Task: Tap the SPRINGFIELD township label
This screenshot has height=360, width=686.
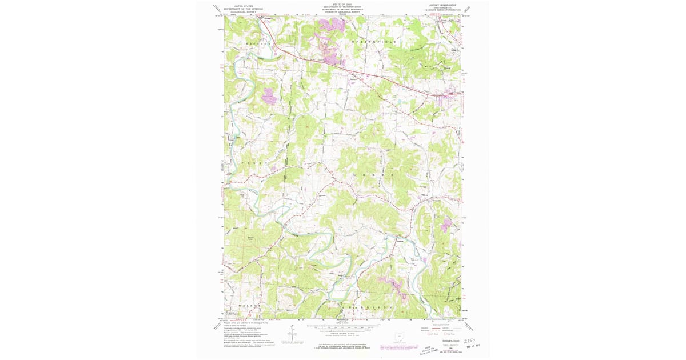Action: [x=374, y=42]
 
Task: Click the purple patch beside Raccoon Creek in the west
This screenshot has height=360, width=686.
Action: [x=269, y=96]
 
